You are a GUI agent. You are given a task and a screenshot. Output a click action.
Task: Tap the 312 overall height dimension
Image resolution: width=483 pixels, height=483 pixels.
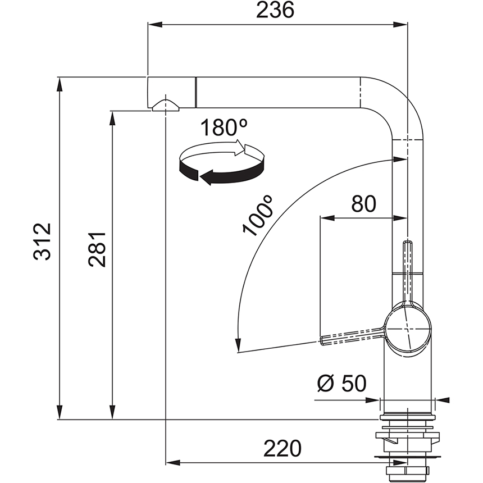[42, 241]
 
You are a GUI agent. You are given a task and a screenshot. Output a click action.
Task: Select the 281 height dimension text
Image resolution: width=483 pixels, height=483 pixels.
[97, 249]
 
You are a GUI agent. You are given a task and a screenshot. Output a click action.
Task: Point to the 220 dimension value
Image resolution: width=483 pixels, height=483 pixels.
[282, 448]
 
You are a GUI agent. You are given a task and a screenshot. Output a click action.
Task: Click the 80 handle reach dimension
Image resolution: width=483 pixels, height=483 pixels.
[363, 204]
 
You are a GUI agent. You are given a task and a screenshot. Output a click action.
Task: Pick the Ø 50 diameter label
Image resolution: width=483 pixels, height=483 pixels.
[341, 384]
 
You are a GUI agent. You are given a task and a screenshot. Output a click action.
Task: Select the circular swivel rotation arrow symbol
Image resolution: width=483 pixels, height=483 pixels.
[221, 163]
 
